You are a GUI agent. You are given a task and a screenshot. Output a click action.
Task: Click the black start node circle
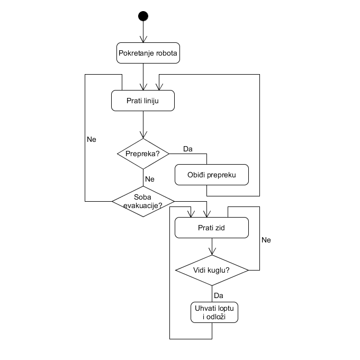pos(143,16)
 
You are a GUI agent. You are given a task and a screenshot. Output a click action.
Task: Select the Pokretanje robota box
pos(148,53)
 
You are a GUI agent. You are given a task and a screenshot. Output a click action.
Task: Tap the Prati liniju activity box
pos(143,101)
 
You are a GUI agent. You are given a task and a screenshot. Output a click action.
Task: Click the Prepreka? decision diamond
pos(143,154)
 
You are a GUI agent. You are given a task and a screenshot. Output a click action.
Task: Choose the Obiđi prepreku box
pos(212,175)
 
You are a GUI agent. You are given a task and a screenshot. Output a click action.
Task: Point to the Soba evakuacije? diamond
pos(143,201)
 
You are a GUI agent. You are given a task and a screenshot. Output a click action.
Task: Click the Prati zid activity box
pos(212,228)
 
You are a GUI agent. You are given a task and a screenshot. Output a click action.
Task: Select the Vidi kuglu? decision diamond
pos(212,270)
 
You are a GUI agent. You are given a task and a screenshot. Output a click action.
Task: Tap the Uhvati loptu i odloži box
pos(214,312)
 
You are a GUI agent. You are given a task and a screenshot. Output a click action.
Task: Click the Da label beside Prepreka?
pos(188,149)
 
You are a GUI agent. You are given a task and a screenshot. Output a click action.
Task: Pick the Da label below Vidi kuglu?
pos(219,295)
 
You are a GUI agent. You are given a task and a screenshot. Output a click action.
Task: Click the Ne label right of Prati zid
pos(266,240)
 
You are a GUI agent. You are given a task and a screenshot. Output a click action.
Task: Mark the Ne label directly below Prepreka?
pos(149,178)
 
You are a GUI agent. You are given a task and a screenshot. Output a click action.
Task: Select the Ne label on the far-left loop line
pos(92,139)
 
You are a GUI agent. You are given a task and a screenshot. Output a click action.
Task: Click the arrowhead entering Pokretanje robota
pos(143,40)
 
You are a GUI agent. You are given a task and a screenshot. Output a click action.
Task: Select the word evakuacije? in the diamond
pos(142,205)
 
